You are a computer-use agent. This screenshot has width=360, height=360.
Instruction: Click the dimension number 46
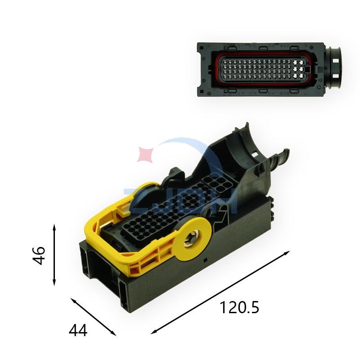40,255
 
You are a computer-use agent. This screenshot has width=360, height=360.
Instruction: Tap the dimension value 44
78,331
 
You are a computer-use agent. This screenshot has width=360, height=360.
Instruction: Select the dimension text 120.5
239,308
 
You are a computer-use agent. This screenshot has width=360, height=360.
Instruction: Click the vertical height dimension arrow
54,255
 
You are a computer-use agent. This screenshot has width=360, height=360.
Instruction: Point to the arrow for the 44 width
94,316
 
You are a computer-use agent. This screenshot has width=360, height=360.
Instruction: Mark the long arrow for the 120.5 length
220,292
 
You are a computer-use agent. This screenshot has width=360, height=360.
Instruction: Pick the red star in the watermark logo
146,154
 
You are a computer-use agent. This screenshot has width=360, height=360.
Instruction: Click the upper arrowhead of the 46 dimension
54,226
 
